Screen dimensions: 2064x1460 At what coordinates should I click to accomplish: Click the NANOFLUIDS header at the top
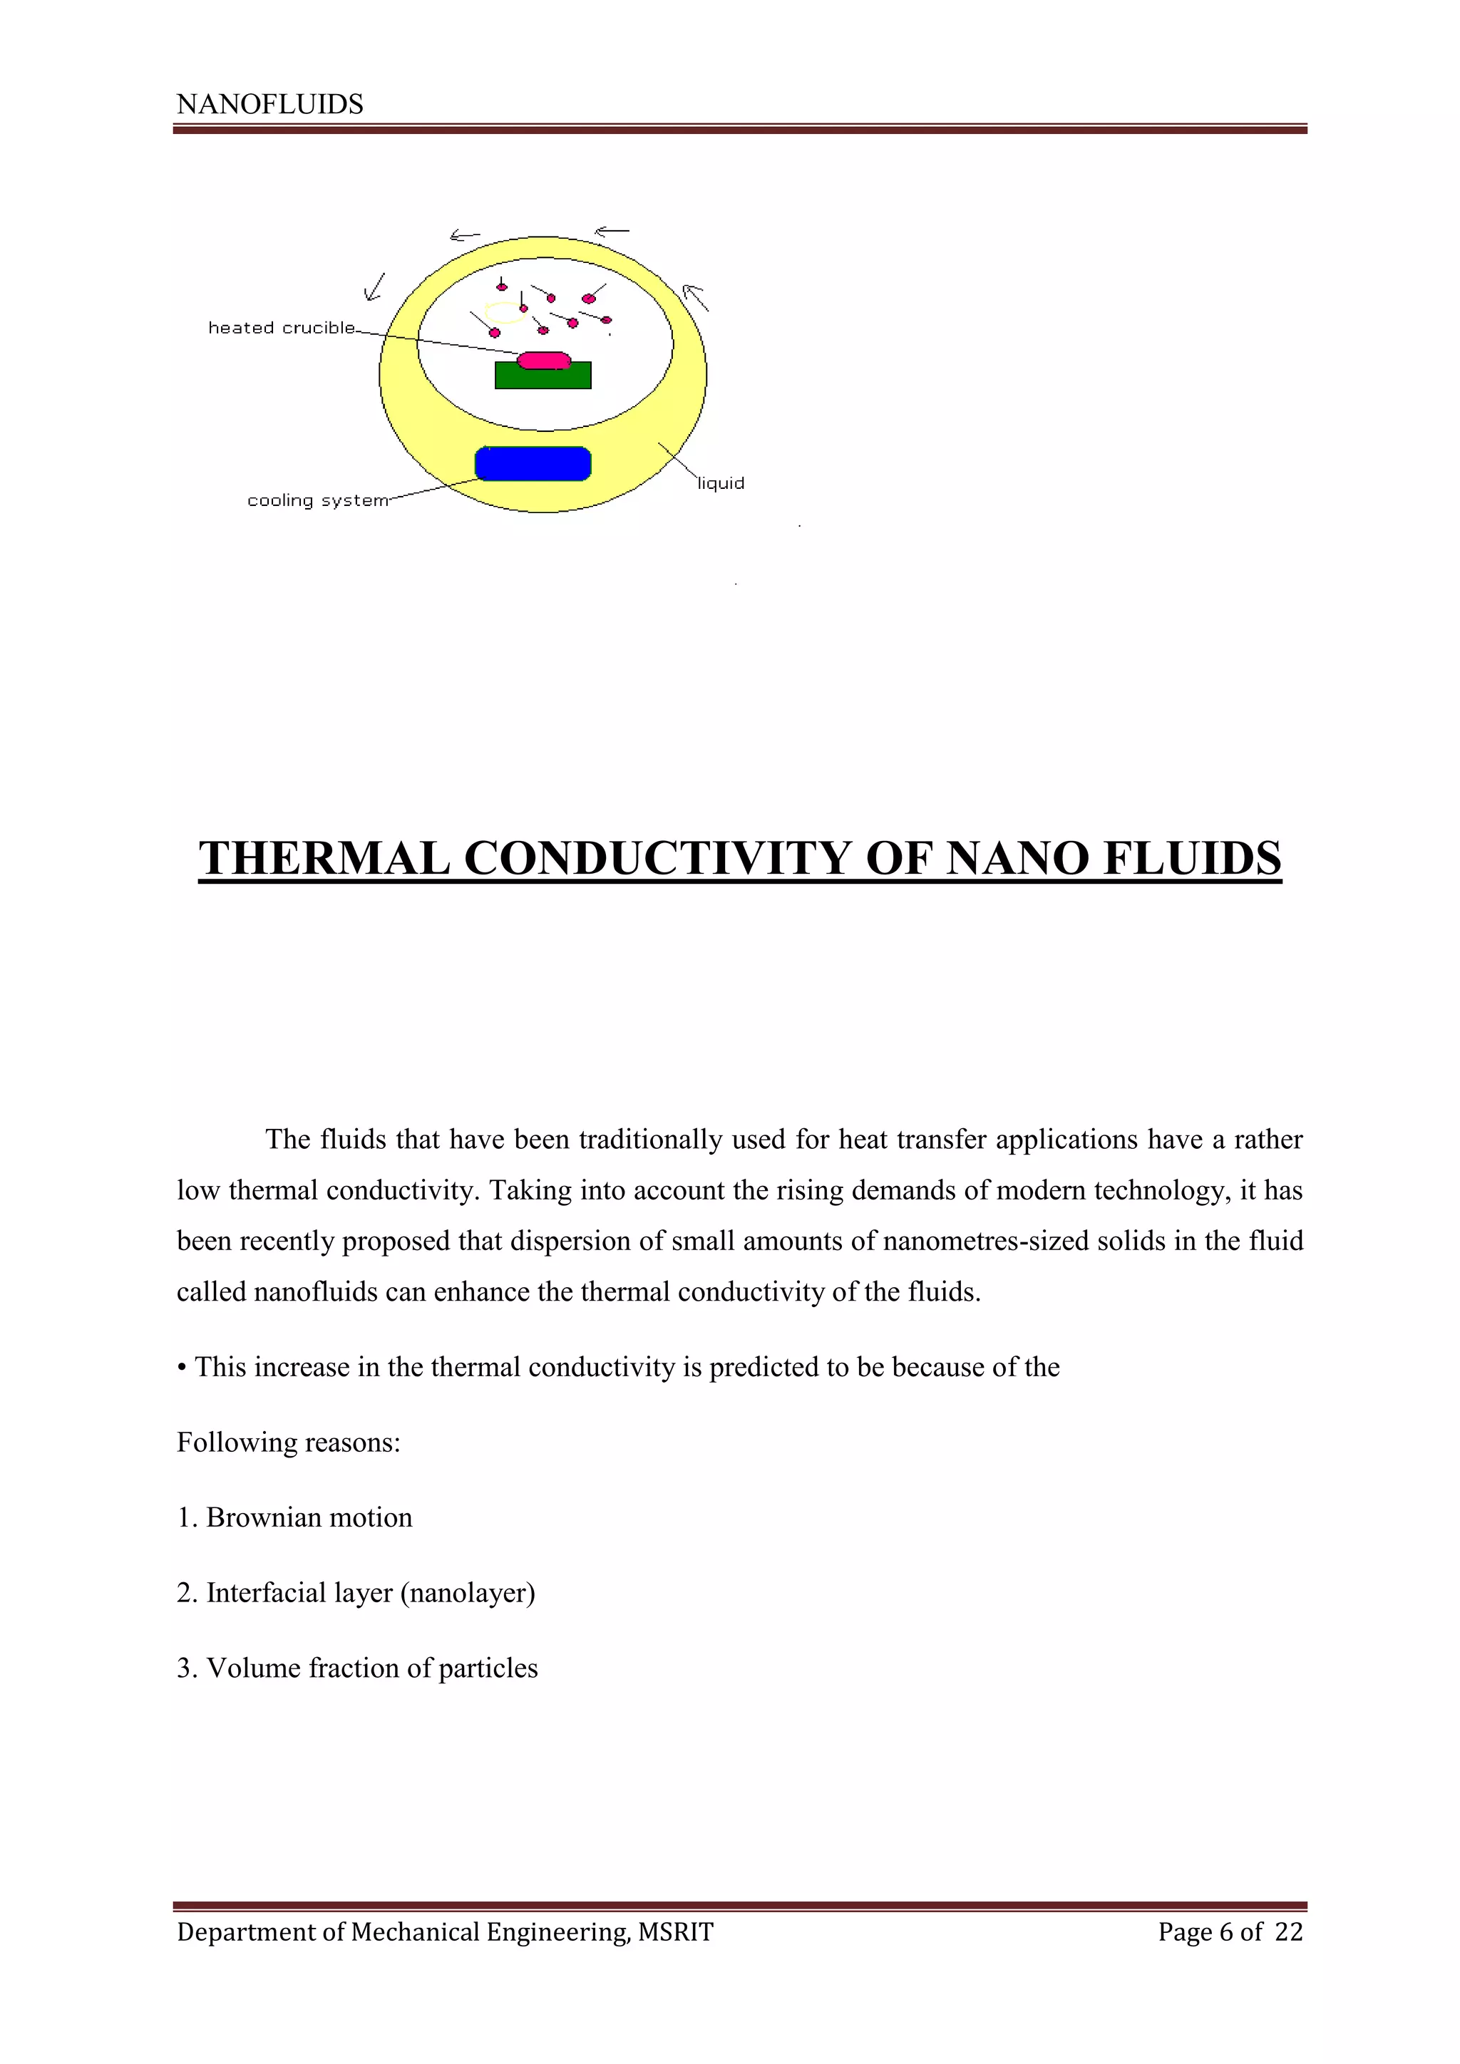269,104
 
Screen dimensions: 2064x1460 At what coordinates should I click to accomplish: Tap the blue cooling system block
533,464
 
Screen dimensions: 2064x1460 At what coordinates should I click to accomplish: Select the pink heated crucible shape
544,361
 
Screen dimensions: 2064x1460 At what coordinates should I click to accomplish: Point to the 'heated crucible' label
282,328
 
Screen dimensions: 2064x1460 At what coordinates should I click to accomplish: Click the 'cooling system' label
317,501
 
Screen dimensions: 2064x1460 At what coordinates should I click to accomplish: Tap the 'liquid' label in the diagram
721,484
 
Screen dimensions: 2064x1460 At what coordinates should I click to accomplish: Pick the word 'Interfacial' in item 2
266,1593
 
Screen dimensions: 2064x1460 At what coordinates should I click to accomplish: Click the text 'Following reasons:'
288,1443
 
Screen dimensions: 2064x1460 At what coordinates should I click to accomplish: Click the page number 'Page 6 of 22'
1230,1932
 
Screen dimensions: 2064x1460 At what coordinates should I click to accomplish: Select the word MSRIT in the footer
675,1932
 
